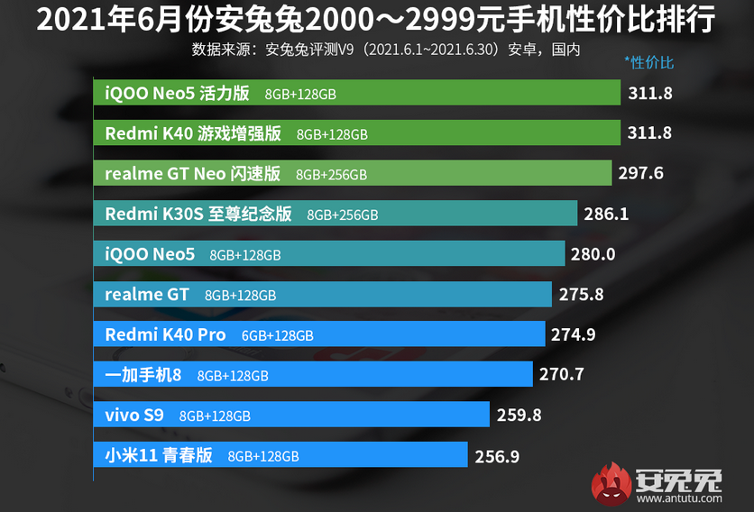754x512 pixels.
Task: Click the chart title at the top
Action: click(x=376, y=19)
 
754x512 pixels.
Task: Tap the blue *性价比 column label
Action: click(x=648, y=63)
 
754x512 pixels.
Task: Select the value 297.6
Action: click(x=640, y=173)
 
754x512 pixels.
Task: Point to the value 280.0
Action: click(x=593, y=254)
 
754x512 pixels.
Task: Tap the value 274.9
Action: click(x=574, y=334)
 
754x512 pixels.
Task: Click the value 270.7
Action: click(x=561, y=373)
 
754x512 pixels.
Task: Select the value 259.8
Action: click(x=518, y=415)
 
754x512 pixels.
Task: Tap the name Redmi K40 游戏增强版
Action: click(x=193, y=133)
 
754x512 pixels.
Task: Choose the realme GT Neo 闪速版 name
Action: click(x=193, y=173)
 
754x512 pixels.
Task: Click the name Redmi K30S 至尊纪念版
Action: click(x=198, y=214)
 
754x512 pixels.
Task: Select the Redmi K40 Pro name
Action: click(x=165, y=334)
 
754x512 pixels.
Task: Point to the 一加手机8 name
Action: click(x=143, y=374)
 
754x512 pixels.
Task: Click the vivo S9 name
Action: click(x=134, y=415)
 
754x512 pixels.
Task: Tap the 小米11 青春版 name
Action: click(x=159, y=455)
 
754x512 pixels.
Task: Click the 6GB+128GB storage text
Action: click(x=277, y=335)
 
